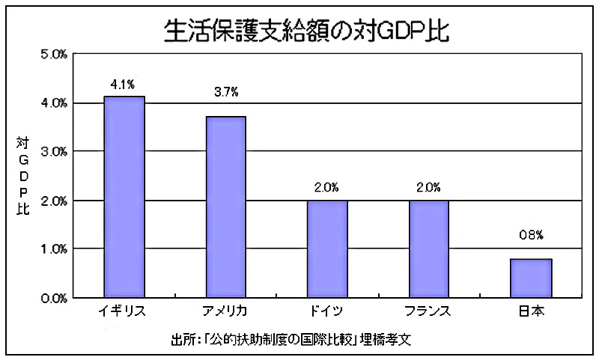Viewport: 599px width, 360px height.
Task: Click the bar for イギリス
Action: pyautogui.click(x=124, y=197)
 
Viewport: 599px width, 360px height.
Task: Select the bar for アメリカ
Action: pyautogui.click(x=226, y=207)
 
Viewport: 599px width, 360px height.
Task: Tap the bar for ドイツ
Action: pyautogui.click(x=327, y=249)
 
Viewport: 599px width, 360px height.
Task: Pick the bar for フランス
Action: pyautogui.click(x=429, y=249)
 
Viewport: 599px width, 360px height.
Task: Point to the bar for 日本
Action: pyautogui.click(x=531, y=278)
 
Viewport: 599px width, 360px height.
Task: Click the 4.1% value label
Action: pyautogui.click(x=123, y=85)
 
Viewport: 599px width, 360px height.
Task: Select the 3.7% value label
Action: pyautogui.click(x=226, y=92)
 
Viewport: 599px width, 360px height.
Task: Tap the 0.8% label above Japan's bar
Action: pyautogui.click(x=531, y=235)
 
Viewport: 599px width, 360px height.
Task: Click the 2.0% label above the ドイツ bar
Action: pyautogui.click(x=326, y=187)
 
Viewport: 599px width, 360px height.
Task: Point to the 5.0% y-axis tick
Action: pyautogui.click(x=54, y=55)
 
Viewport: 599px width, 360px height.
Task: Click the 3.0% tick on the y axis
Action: pyautogui.click(x=54, y=152)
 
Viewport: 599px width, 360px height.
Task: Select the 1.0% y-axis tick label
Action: pyautogui.click(x=54, y=249)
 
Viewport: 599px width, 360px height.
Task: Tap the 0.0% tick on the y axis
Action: pyautogui.click(x=54, y=298)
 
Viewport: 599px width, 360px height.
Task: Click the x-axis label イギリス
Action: pyautogui.click(x=122, y=311)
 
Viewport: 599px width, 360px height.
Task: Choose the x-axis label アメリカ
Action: pyautogui.click(x=225, y=311)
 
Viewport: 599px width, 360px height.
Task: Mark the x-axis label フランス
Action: pyautogui.click(x=428, y=311)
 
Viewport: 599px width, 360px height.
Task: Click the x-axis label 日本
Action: pyautogui.click(x=532, y=311)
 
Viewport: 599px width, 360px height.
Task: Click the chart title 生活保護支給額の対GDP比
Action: pyautogui.click(x=306, y=30)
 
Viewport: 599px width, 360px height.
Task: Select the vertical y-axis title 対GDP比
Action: pyautogui.click(x=23, y=176)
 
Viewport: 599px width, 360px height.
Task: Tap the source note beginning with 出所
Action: pyautogui.click(x=291, y=339)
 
